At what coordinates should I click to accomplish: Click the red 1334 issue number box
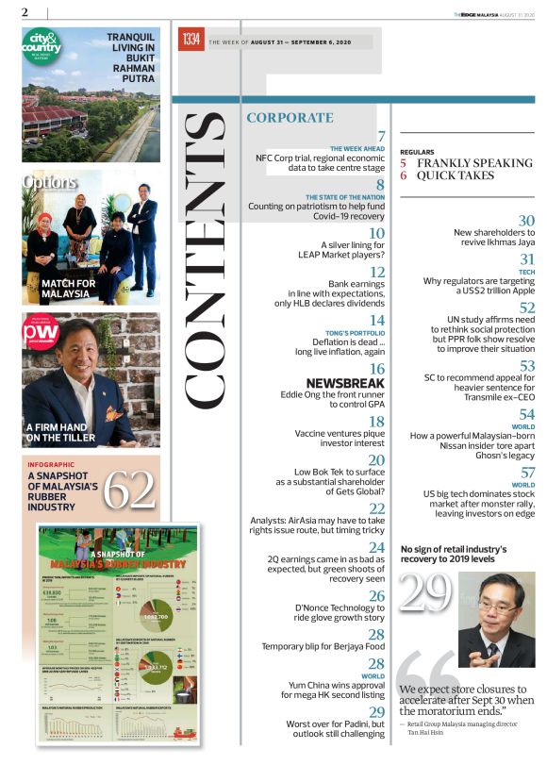(191, 41)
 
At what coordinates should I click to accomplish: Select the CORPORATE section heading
(290, 118)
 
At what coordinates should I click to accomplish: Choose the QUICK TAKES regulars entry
(456, 175)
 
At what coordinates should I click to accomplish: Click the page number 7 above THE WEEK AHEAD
(381, 138)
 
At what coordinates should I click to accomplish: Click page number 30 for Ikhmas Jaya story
(526, 221)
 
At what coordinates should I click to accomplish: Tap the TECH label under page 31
(526, 272)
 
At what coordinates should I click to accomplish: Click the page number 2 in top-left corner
(25, 11)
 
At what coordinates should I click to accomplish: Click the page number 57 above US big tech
(526, 473)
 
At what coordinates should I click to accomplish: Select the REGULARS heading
(417, 151)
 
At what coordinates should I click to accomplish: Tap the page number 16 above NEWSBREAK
(376, 370)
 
